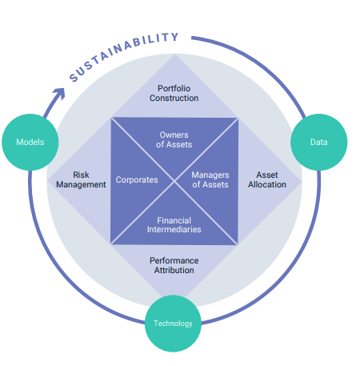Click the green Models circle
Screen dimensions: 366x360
coord(30,142)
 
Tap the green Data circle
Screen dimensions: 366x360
coord(318,142)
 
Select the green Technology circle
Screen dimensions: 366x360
coord(174,323)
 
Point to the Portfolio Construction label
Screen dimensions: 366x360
coord(174,92)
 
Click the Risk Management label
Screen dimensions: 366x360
coord(81,179)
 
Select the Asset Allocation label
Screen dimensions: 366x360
coord(266,179)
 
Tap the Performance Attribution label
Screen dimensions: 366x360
coord(174,265)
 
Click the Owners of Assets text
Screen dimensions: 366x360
coord(174,139)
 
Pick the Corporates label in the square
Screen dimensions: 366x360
coord(137,179)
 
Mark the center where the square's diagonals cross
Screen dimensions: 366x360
coord(174,180)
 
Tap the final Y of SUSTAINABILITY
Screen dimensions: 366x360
coord(174,37)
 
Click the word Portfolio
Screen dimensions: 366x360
coord(174,87)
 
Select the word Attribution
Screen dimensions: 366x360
coord(174,270)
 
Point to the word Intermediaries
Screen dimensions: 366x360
coord(174,229)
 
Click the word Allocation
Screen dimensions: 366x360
coord(266,184)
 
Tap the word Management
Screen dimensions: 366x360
coord(81,184)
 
